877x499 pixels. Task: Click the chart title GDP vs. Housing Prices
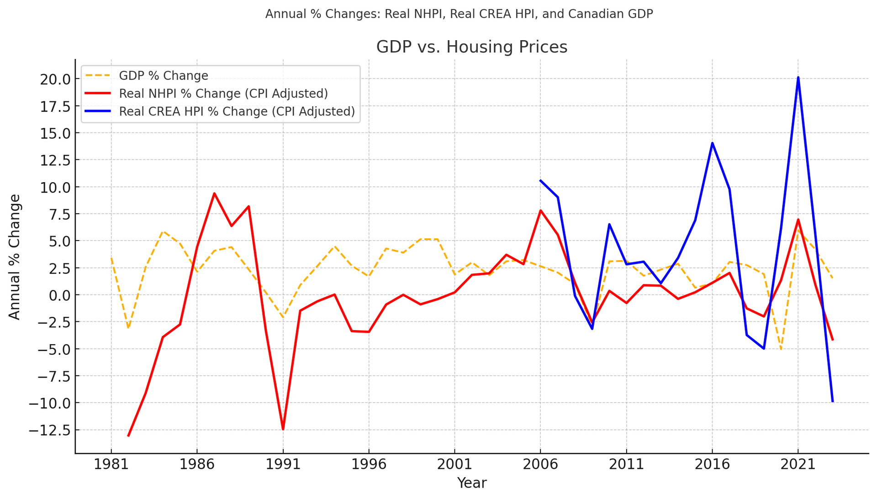471,47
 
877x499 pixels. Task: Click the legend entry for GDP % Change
163,75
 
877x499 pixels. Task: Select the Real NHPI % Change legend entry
223,94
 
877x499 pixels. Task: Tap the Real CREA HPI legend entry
237,112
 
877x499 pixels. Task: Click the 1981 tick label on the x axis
111,465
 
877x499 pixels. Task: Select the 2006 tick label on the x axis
540,465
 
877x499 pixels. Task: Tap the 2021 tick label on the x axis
798,465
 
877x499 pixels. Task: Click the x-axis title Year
471,483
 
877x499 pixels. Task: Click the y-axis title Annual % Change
15,257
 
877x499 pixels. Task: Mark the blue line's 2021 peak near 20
798,78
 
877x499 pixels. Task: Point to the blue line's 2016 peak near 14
712,143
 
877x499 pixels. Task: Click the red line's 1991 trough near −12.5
283,429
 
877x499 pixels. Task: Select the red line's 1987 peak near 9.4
214,193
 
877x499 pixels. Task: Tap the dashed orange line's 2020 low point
781,349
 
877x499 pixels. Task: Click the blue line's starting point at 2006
540,180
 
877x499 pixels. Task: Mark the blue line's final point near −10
832,401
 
